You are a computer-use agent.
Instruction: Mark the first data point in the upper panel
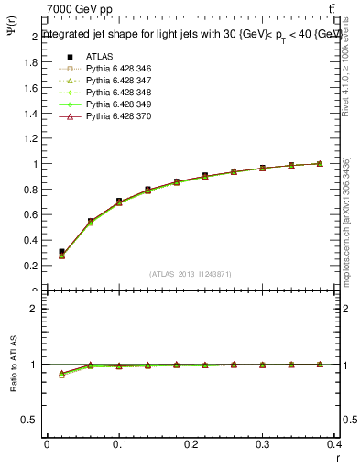[61, 252]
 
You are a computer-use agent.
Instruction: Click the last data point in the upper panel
[320, 163]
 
